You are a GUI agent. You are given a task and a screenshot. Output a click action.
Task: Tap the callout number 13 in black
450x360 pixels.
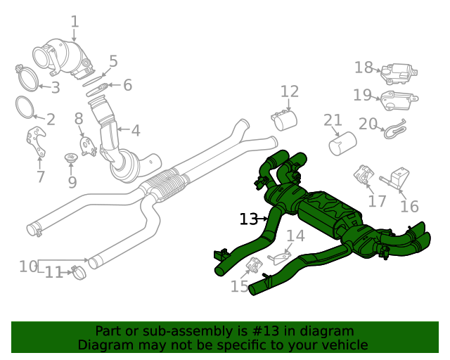pos(248,219)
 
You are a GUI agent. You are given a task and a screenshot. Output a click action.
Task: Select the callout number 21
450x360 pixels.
pos(333,120)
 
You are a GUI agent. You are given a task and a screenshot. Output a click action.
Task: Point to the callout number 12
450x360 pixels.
pos(290,91)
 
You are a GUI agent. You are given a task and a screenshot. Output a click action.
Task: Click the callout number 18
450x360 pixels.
pos(364,67)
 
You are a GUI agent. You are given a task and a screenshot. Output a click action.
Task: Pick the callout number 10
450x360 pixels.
pos(28,266)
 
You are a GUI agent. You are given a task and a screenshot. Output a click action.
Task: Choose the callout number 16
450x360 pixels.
pos(409,206)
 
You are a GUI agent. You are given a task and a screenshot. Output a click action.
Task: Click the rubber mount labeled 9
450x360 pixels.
pos(71,160)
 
